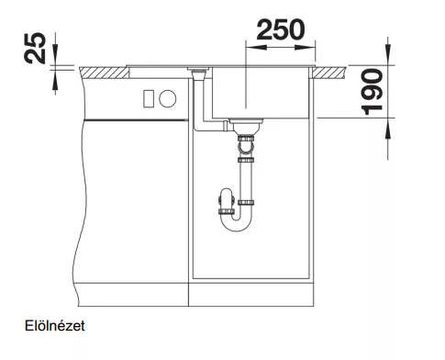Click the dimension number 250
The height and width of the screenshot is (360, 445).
click(x=281, y=29)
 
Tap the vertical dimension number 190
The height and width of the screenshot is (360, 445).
click(x=372, y=92)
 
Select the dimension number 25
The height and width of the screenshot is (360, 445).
click(x=35, y=48)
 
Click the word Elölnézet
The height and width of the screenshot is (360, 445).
click(x=55, y=326)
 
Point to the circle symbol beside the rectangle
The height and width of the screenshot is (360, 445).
click(x=168, y=99)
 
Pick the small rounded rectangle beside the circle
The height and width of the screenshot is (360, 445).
click(x=149, y=98)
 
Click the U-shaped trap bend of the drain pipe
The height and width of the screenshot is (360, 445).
click(x=237, y=221)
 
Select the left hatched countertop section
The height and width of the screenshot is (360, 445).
click(x=105, y=73)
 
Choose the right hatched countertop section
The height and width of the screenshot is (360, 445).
click(x=329, y=73)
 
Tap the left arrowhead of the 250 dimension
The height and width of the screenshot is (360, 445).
click(x=256, y=48)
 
